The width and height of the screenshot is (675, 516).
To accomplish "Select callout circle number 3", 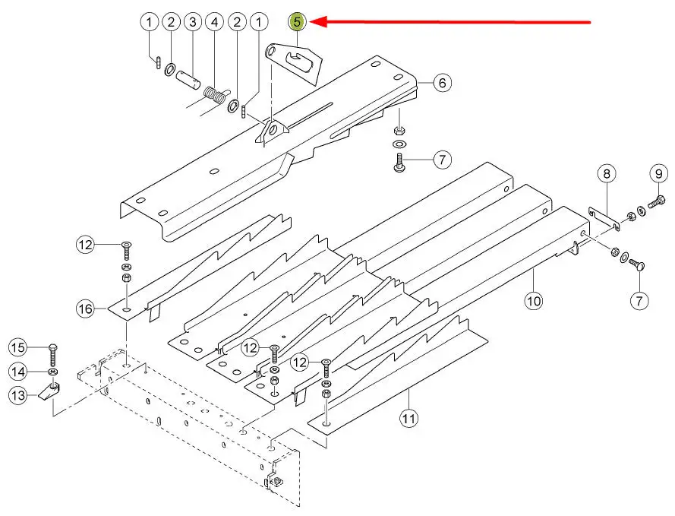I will [x=193, y=22].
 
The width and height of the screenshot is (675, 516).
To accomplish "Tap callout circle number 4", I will [x=216, y=22].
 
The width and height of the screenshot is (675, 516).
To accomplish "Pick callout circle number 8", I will [x=606, y=174].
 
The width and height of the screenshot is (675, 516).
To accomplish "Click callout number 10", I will [x=534, y=301].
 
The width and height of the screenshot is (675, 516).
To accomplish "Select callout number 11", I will [x=409, y=417].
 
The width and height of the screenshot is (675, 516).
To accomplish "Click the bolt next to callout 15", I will [x=51, y=353].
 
